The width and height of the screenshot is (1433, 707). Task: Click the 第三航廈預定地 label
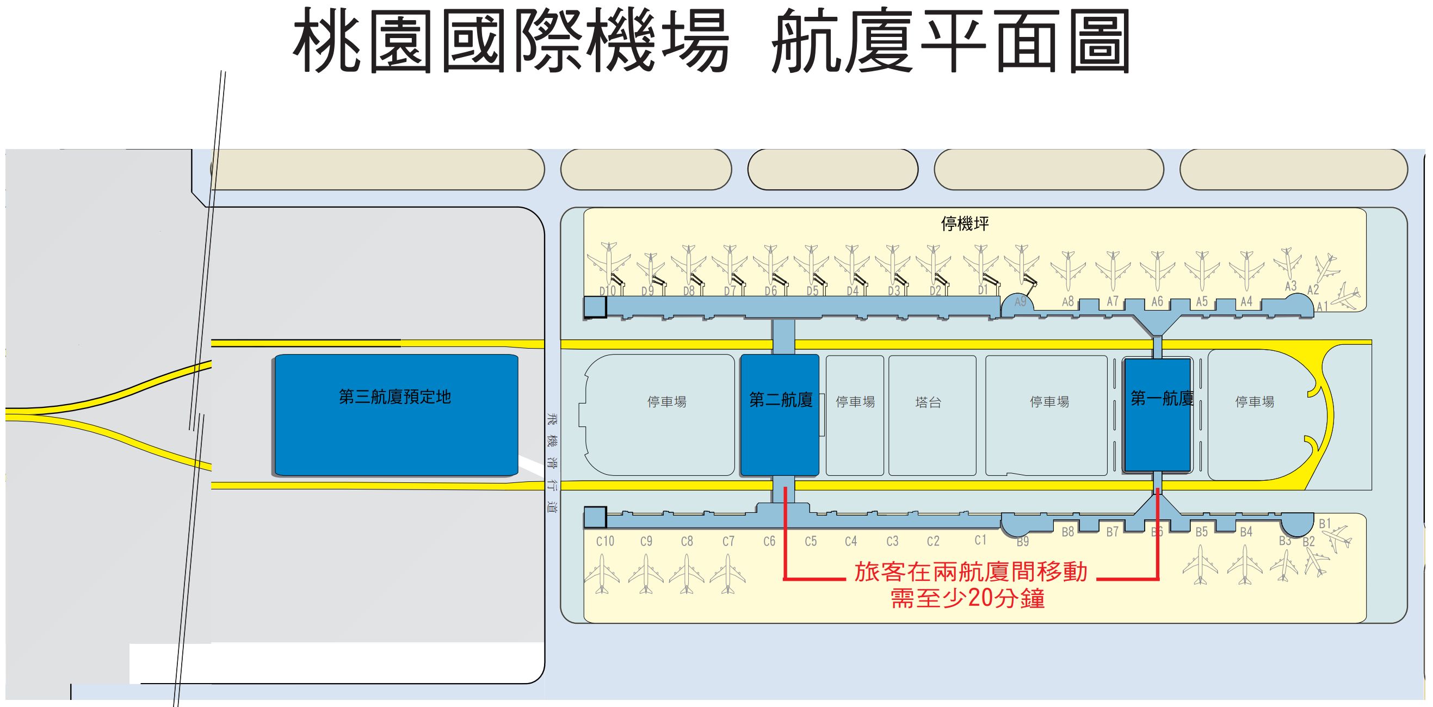point(394,397)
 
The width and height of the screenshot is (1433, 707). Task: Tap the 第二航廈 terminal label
point(781,400)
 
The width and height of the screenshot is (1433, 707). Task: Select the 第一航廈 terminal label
point(1162,398)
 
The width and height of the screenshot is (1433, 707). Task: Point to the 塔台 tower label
point(928,402)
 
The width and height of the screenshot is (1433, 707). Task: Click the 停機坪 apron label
point(965,224)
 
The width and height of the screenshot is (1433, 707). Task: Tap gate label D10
point(608,291)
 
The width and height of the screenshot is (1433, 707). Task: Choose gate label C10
point(604,541)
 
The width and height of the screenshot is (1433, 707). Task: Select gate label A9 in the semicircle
point(1020,302)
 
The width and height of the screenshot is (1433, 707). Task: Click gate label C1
point(980,540)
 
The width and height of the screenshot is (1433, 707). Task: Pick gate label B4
point(1245,532)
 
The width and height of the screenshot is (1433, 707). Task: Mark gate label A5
point(1202,301)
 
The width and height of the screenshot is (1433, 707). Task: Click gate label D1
point(983,290)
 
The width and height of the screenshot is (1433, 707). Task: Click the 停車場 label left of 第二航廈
point(666,402)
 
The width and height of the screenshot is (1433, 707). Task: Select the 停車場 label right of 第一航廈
point(1255,401)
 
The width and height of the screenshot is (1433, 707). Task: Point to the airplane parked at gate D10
point(610,262)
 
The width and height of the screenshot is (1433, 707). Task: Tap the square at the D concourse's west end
point(595,307)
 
